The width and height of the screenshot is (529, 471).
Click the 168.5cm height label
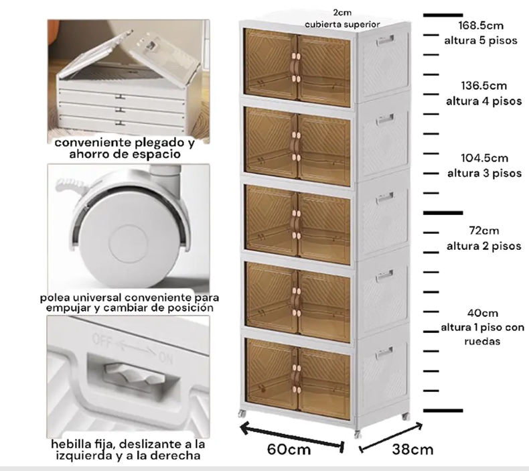coord(481,25)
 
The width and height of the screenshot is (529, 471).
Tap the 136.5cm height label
coord(483,86)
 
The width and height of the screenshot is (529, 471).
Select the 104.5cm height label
coord(484,158)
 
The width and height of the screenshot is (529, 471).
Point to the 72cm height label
coord(483,230)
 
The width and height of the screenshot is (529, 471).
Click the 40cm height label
coord(483,313)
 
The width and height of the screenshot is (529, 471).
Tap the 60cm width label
coord(289,450)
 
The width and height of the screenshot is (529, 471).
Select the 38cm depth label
coord(412,450)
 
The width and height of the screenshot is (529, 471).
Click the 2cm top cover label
coord(342,13)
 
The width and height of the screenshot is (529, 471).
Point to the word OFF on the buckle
coord(102,340)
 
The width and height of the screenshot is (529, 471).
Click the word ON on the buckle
coord(165,357)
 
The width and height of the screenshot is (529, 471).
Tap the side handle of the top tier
coord(385,41)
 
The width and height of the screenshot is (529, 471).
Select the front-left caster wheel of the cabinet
coord(242,413)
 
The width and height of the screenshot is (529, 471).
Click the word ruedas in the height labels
coord(481,341)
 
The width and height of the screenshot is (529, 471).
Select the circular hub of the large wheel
coord(128,243)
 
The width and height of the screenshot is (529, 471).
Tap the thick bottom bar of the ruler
coord(443,411)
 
